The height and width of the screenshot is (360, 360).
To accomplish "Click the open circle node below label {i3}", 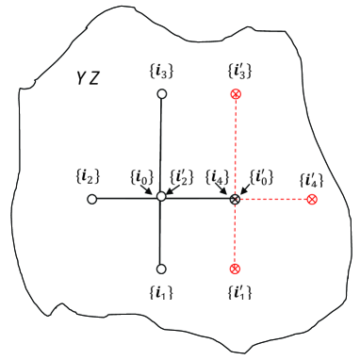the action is (x=161, y=94).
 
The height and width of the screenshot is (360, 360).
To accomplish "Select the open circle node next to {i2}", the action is (x=91, y=199).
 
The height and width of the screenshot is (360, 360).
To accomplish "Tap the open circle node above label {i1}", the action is (x=161, y=268).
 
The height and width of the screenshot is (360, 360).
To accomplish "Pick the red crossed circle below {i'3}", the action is (x=235, y=94).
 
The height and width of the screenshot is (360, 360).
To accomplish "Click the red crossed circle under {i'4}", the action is (x=312, y=200).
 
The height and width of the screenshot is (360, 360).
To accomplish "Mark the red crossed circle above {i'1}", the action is (x=235, y=269).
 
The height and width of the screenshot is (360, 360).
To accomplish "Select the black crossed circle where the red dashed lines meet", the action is (x=235, y=199).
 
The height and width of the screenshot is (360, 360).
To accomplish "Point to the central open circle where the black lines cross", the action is (x=161, y=199).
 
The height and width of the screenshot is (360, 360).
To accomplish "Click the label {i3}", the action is (x=161, y=72).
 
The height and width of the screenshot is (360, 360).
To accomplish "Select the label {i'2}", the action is (x=182, y=176).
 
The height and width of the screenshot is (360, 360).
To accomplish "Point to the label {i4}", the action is (x=216, y=176).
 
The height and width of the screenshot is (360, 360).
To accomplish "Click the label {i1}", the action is (x=161, y=291).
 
